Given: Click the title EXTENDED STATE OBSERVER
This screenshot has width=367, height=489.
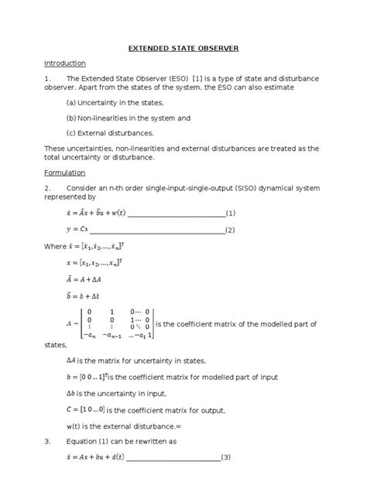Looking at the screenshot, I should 183,48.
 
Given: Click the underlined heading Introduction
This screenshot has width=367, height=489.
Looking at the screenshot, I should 65,63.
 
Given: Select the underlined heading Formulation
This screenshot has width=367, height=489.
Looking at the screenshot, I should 64,173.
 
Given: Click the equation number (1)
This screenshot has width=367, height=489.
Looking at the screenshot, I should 230,214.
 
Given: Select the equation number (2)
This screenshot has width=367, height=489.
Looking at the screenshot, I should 230,230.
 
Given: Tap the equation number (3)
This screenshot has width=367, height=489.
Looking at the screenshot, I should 226,480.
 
